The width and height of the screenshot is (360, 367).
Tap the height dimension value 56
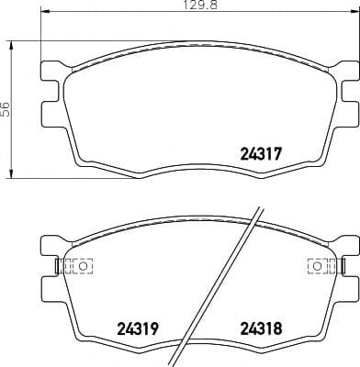(6, 108)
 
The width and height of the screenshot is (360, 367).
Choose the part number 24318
(260, 327)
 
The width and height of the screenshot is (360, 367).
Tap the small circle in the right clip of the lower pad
(316, 266)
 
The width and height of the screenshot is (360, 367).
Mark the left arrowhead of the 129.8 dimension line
(45, 14)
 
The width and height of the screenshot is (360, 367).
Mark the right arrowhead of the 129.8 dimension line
(354, 14)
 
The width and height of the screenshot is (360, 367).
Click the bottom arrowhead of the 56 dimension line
(12, 175)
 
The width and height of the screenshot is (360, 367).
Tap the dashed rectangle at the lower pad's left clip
(81, 266)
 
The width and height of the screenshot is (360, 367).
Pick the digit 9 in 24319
(152, 327)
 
